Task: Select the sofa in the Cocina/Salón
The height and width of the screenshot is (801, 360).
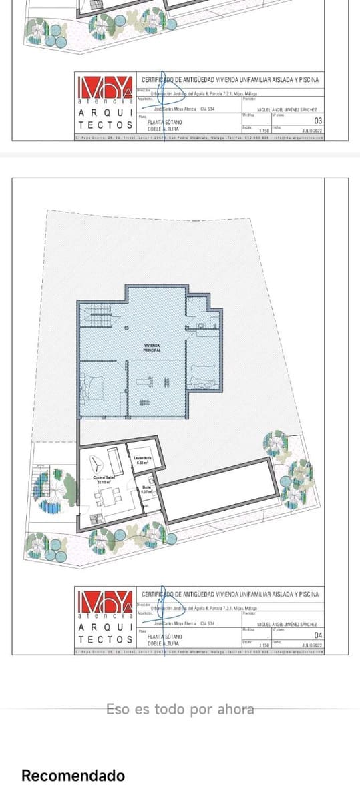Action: [x=115, y=461]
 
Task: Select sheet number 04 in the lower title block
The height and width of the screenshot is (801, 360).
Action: [x=318, y=635]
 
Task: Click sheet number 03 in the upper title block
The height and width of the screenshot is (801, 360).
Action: [x=318, y=121]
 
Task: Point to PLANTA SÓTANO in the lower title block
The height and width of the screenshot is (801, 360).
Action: [x=164, y=637]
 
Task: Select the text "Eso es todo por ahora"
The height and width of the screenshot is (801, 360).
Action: [x=180, y=709]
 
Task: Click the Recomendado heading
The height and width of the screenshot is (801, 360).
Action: [x=73, y=775]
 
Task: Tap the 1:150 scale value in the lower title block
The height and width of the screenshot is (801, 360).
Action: [x=263, y=645]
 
